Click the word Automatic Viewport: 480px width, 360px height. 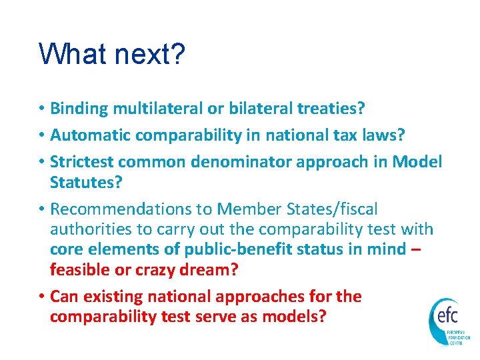(x=91, y=135)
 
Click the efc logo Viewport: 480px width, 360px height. (x=449, y=321)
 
